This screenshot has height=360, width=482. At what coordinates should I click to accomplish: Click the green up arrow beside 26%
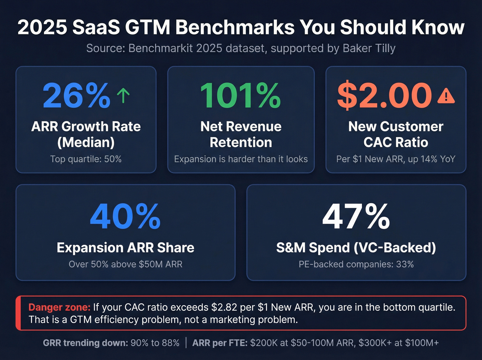tap(123, 95)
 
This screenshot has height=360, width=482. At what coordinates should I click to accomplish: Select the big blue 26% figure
tap(76, 96)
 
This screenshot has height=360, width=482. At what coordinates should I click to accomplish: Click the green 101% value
tap(240, 96)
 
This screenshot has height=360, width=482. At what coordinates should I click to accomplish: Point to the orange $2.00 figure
tap(384, 96)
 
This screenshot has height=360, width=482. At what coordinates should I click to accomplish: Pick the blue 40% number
tap(125, 217)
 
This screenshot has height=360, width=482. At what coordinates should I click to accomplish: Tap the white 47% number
tap(356, 217)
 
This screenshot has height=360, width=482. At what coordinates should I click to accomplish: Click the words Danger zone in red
tap(59, 307)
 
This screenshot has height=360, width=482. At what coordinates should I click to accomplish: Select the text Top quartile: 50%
tap(86, 159)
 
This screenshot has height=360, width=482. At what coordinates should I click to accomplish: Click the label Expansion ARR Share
tap(125, 248)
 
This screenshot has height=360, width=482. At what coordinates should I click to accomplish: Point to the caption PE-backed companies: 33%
tap(356, 264)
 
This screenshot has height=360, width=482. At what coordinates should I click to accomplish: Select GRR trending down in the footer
tap(85, 343)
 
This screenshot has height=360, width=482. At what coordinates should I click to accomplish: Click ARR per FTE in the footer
tap(220, 343)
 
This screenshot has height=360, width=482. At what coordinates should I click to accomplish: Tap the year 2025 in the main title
tap(42, 28)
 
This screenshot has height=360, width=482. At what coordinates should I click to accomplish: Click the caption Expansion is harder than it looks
tap(241, 159)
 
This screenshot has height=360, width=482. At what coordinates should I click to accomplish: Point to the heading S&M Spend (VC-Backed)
tap(356, 248)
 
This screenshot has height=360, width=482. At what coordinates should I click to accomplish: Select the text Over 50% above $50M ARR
tap(125, 264)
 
